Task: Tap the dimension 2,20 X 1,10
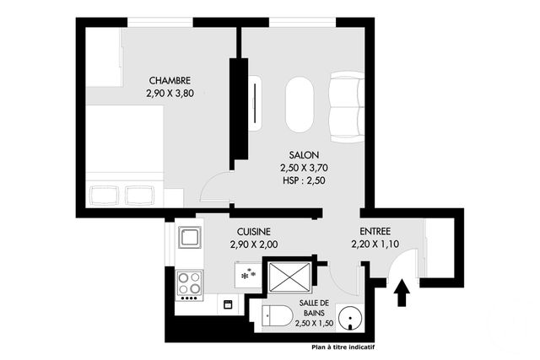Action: point(375,244)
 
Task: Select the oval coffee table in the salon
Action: point(300,105)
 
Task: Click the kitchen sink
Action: point(189,237)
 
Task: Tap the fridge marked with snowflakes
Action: point(249,275)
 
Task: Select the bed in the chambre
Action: point(126,152)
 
